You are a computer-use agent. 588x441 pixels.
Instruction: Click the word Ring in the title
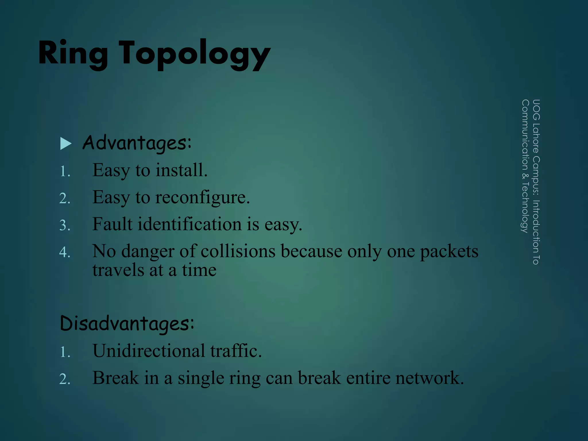73,53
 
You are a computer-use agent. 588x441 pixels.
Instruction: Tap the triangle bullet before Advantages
66,144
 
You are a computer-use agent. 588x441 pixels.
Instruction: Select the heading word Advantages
137,143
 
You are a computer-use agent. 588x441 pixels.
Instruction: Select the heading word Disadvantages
127,324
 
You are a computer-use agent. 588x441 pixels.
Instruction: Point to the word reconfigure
202,198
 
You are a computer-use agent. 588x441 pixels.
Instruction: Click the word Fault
112,224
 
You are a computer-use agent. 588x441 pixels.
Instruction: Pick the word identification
189,224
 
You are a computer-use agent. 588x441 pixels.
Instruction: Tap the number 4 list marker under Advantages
65,252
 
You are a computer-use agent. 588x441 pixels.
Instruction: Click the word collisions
238,251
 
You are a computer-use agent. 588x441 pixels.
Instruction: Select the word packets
449,252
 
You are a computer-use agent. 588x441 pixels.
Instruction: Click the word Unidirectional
149,351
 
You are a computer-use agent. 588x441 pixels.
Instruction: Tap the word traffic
236,351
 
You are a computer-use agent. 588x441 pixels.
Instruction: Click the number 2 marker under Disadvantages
65,379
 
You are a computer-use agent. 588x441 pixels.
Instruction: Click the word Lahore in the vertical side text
536,138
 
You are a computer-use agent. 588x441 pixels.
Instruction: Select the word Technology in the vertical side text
525,207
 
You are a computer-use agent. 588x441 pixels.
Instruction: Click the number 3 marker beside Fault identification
65,225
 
